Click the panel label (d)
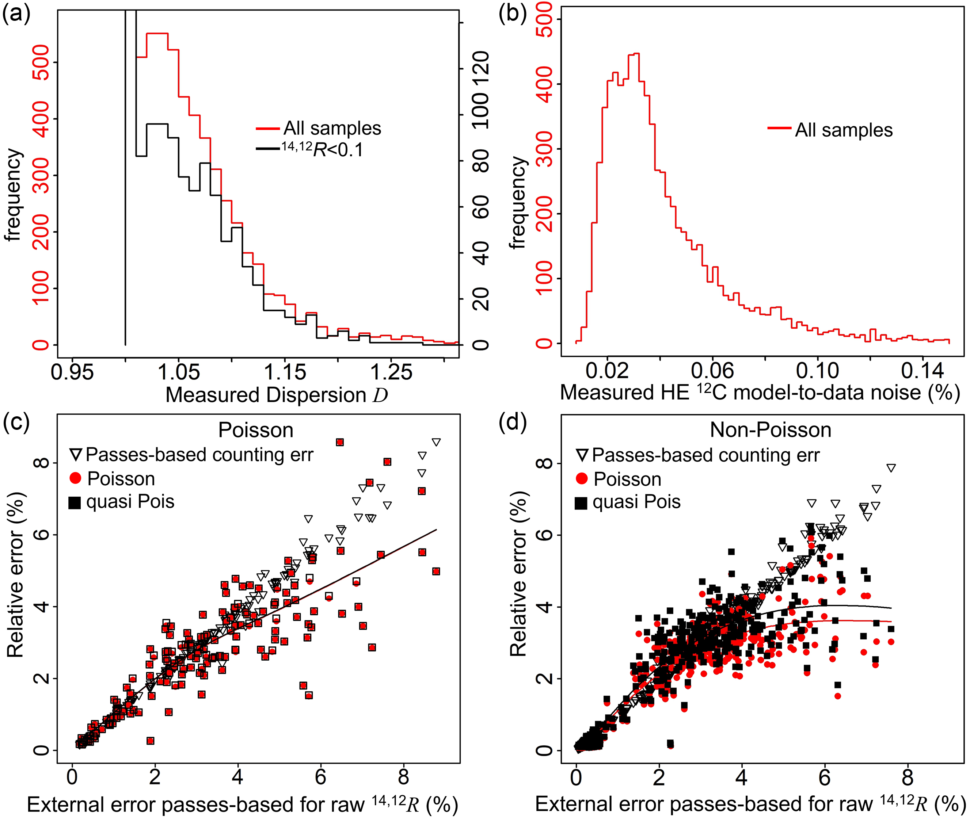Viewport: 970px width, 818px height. (x=512, y=423)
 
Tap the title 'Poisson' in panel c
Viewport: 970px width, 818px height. (x=256, y=430)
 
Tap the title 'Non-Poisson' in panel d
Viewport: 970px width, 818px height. (x=770, y=430)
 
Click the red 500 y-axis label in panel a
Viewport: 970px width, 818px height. (x=42, y=62)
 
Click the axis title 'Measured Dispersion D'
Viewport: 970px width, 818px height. (x=277, y=395)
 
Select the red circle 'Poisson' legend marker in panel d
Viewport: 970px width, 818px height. (x=581, y=478)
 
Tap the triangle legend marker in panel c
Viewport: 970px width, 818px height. (x=76, y=454)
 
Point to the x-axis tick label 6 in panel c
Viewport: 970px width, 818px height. (x=320, y=777)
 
